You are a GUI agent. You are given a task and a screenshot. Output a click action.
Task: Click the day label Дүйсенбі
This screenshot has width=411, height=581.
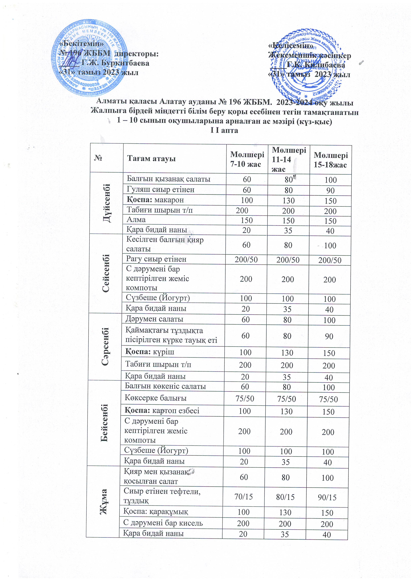107,203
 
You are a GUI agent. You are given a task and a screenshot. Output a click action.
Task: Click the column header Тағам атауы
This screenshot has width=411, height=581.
151,159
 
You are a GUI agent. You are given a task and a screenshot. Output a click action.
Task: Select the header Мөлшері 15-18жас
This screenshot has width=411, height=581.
330,160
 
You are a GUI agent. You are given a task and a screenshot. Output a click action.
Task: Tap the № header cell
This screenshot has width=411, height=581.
98,158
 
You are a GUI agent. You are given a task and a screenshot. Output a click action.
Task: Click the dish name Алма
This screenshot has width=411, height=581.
136,219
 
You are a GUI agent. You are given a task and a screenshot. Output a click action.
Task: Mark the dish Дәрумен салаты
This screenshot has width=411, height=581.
154,319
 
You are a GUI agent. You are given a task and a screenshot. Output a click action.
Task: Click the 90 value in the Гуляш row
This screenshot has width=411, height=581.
330,190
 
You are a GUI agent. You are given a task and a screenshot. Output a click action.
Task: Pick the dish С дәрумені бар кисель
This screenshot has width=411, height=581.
163,523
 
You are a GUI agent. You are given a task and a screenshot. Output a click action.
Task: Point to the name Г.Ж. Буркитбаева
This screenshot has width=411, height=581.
115,63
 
